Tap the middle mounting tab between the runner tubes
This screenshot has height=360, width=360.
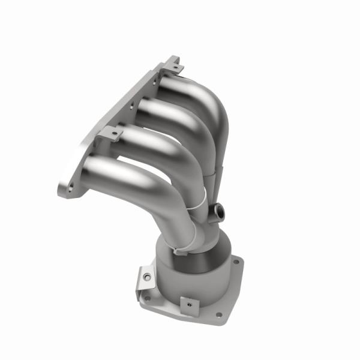tap(110, 133)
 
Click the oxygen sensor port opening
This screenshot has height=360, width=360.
tap(220, 211)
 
